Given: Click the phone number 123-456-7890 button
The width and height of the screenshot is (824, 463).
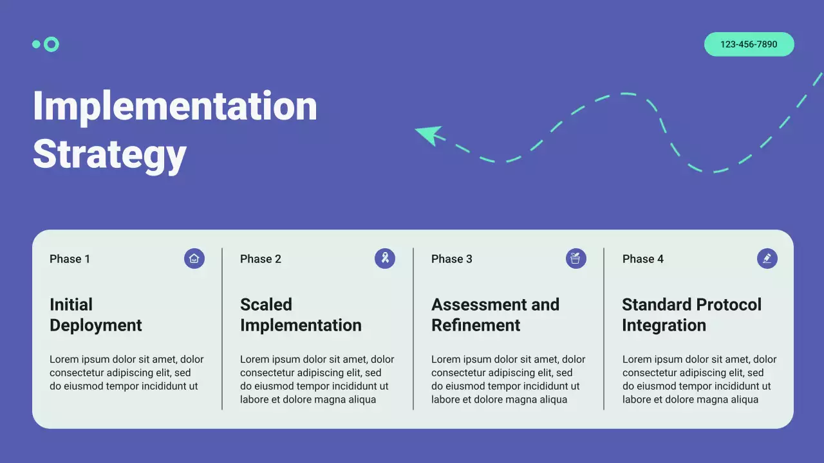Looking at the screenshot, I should tap(749, 44).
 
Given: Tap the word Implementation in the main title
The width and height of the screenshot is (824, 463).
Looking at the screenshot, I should tap(174, 106).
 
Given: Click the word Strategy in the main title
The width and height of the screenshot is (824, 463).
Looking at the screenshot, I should tap(109, 154).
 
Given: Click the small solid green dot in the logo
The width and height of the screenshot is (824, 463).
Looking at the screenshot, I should tap(36, 44).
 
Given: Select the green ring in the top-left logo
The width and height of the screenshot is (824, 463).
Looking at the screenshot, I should tap(51, 44).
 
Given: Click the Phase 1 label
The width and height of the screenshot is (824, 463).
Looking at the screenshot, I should tap(70, 259).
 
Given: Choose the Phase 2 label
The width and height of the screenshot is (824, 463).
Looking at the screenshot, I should tap(260, 259).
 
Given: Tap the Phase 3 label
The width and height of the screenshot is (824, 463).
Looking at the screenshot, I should tap(451, 259).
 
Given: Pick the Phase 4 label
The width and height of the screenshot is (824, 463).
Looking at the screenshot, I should tap(642, 259).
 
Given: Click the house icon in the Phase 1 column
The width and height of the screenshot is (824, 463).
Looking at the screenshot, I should tap(194, 259).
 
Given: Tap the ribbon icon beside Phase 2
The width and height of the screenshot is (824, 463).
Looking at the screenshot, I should tap(385, 259).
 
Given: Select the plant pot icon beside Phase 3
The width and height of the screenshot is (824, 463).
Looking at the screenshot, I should tap(576, 259).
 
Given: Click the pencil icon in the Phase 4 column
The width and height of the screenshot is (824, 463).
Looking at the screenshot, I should tap(767, 259).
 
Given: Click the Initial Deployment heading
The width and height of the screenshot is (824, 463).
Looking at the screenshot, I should tap(95, 314).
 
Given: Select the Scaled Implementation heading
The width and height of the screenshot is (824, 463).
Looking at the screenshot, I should tap(301, 314).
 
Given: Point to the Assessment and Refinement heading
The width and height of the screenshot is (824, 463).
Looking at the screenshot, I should tap(495, 314).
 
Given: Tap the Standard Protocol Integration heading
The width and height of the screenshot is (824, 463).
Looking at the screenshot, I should tap(691, 314).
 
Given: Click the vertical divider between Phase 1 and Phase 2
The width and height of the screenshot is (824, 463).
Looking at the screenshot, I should tap(222, 329).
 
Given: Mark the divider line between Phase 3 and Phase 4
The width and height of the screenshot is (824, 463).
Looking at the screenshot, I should tap(604, 329).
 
